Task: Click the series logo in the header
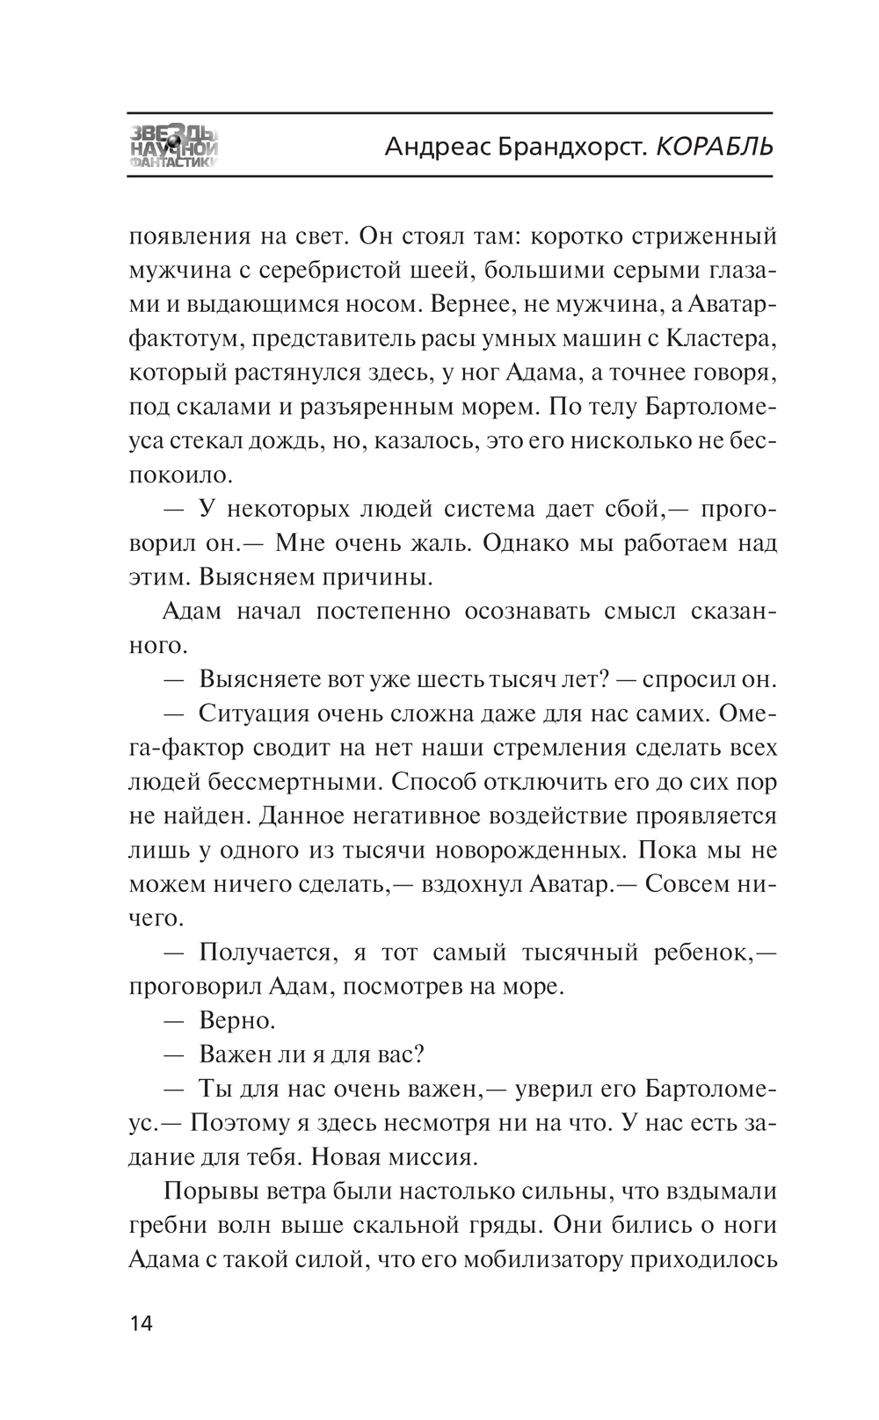pyautogui.click(x=174, y=145)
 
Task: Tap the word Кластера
pyautogui.click(x=720, y=339)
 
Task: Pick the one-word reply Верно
pyautogui.click(x=237, y=1021)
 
